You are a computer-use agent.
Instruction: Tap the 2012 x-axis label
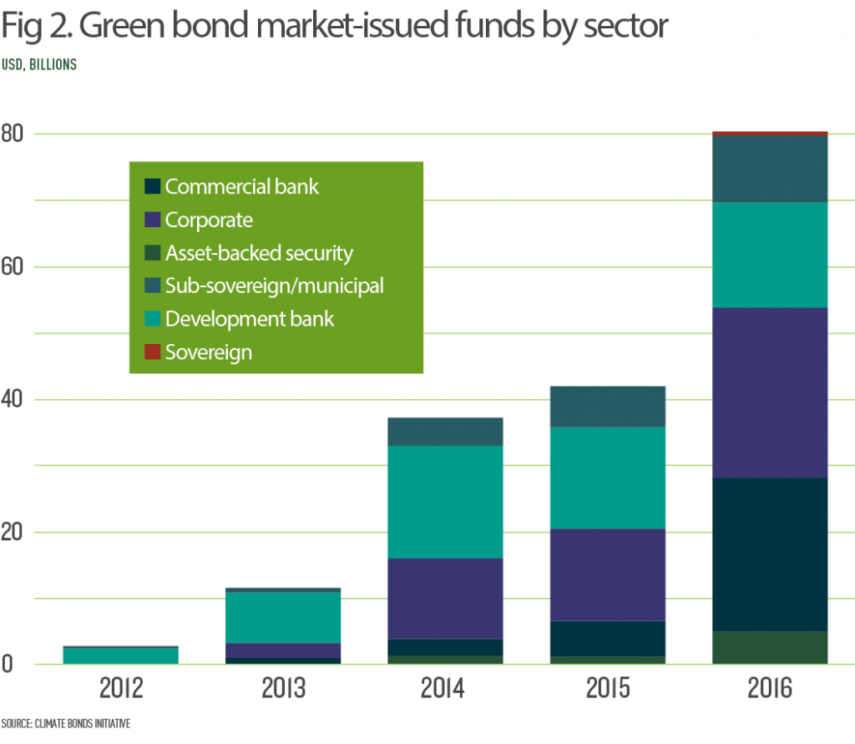(121, 690)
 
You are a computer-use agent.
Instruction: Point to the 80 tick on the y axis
(14, 134)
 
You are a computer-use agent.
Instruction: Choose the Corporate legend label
(209, 220)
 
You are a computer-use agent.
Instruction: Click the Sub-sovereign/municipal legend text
(274, 286)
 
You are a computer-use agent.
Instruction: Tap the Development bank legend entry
(249, 320)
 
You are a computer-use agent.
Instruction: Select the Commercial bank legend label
(241, 187)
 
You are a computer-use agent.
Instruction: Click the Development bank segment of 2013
(283, 617)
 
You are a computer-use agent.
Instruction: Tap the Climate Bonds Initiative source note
(66, 723)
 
